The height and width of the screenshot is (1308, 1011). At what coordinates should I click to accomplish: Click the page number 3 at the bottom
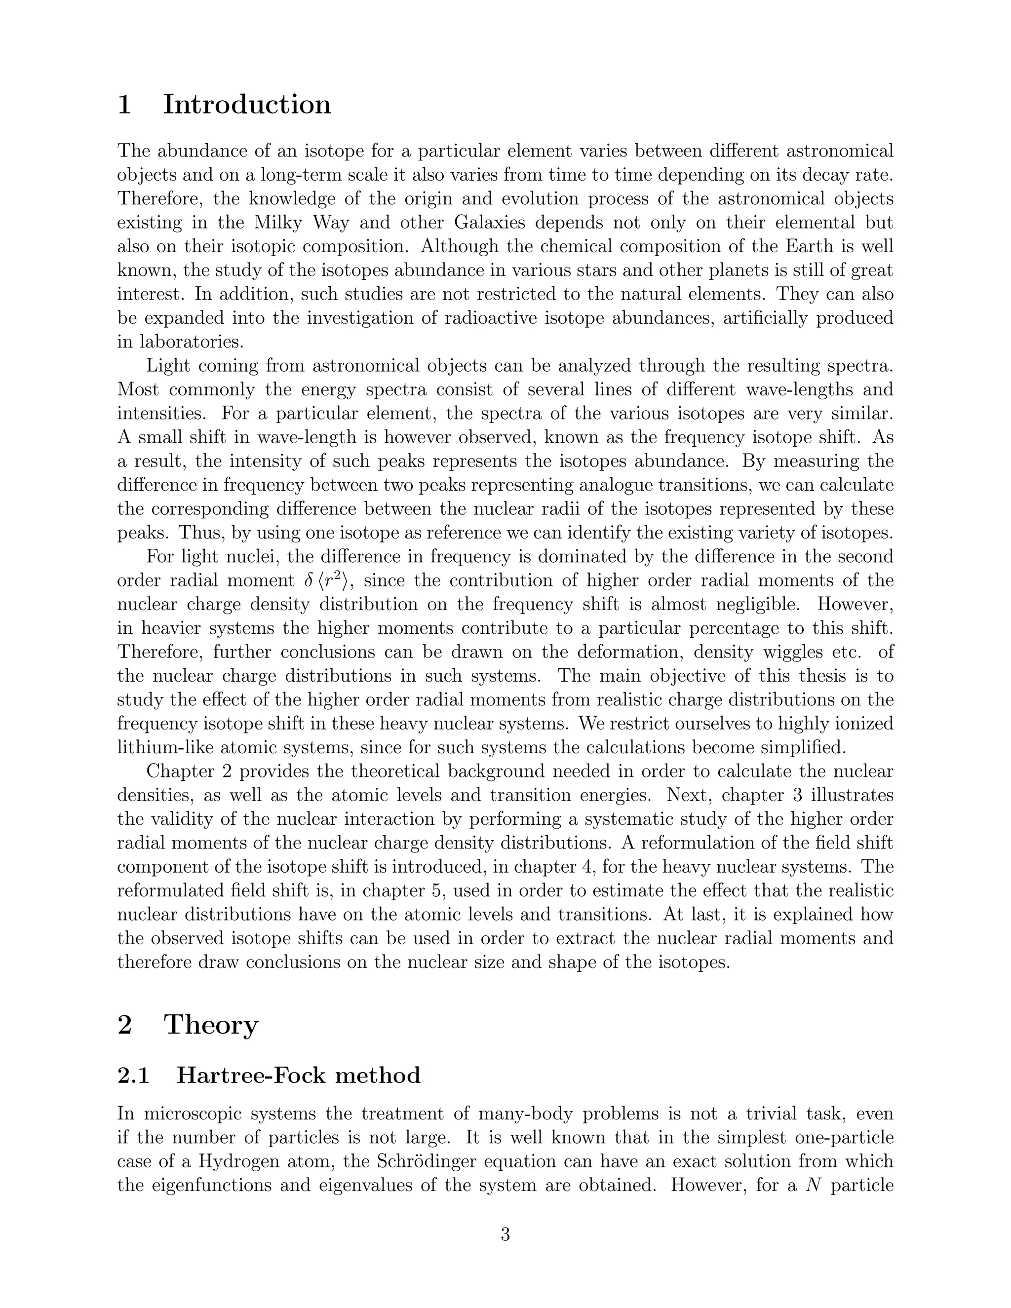505,1234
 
